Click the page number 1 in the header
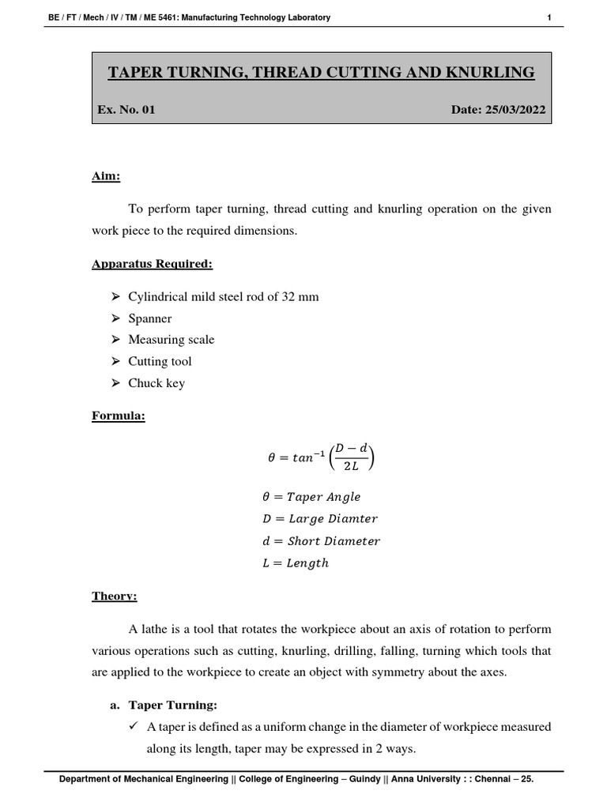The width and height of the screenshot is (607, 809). click(x=549, y=17)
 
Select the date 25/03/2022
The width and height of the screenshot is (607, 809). click(x=516, y=110)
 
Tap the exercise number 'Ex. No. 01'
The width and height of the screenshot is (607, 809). click(x=126, y=110)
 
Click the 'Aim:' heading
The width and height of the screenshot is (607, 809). click(x=106, y=176)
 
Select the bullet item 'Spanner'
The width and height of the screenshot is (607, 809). click(x=150, y=318)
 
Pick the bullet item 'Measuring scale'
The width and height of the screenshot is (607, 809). click(x=172, y=340)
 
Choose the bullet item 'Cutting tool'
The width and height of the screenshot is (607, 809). click(x=160, y=361)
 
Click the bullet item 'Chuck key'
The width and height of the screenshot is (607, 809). click(x=156, y=383)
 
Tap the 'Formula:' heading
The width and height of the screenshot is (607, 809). click(x=119, y=416)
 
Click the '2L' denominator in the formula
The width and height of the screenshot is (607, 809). click(x=350, y=467)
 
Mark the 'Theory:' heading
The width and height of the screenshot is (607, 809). click(x=115, y=596)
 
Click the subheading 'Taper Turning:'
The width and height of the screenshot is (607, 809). click(x=172, y=705)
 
